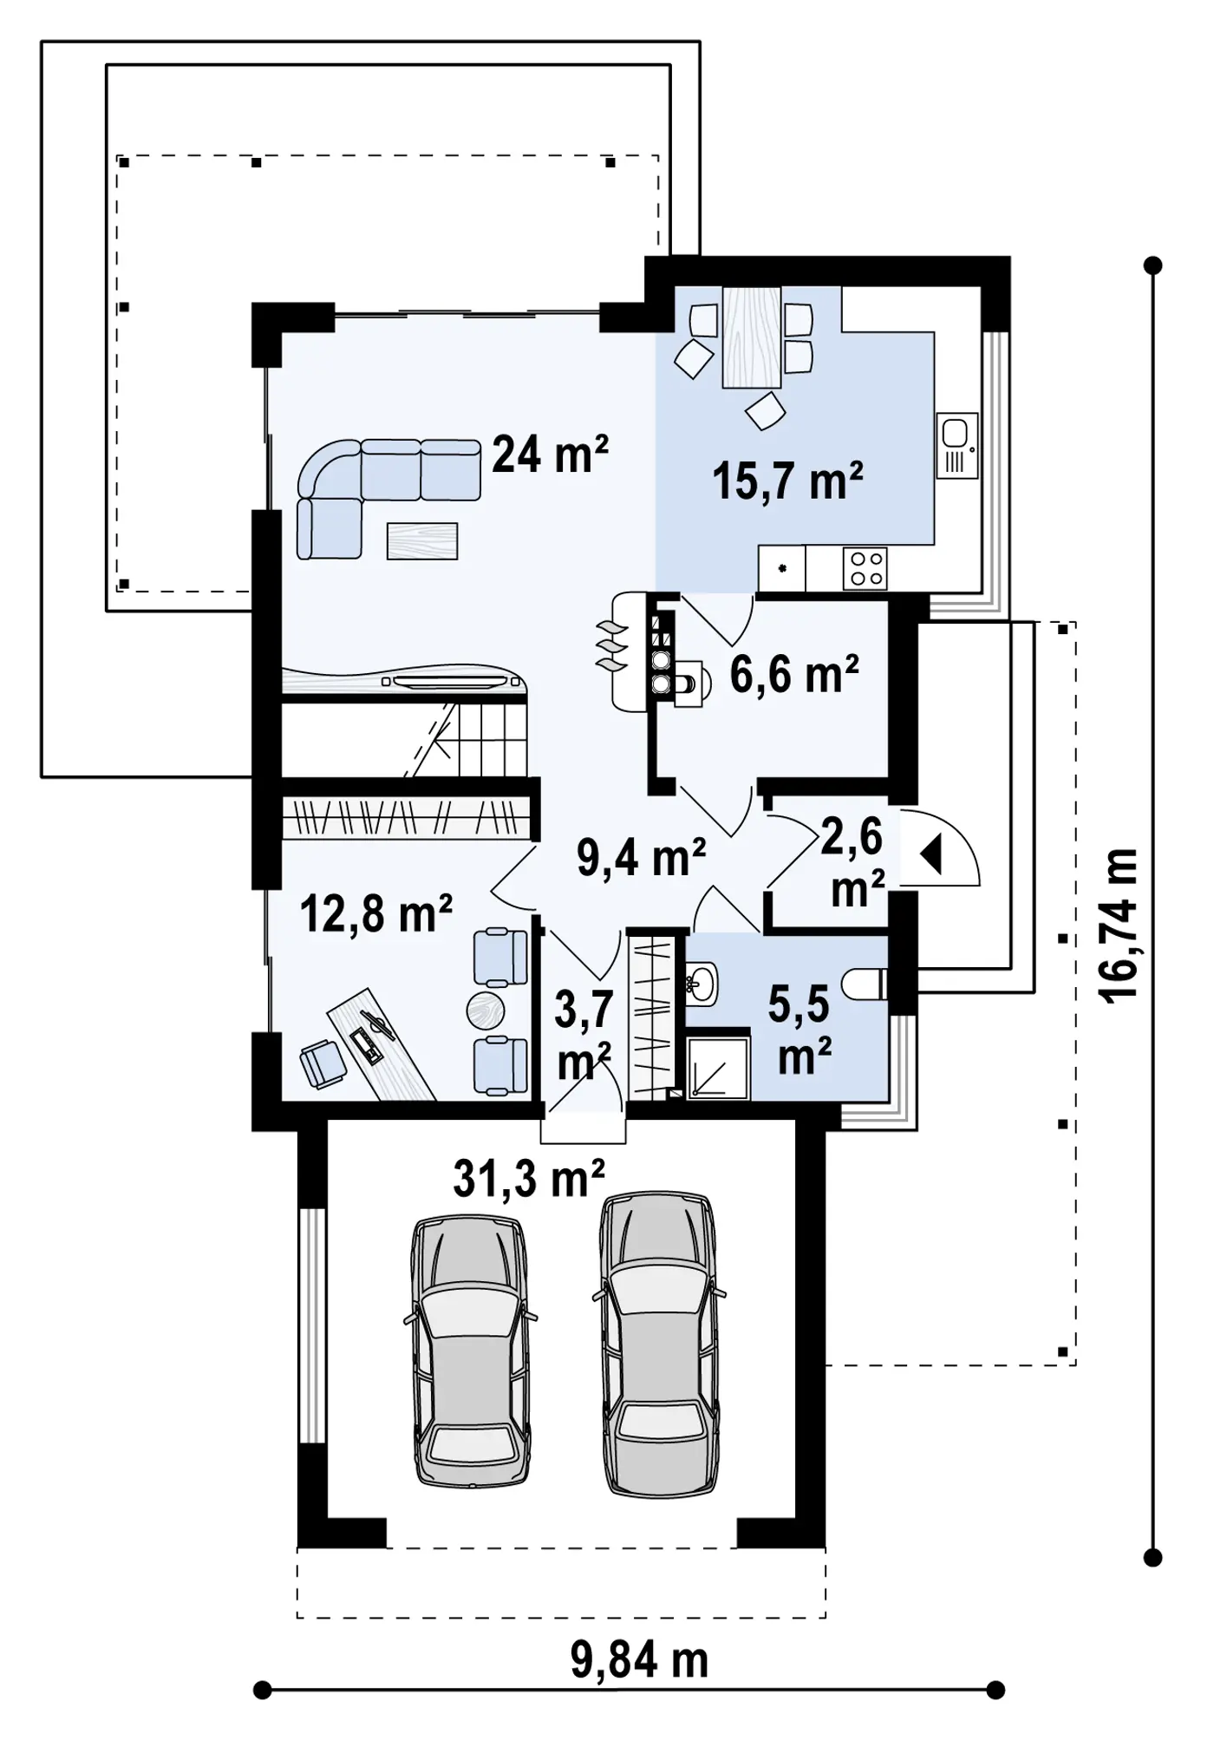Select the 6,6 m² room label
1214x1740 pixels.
794,674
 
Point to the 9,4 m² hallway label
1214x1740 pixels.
641,858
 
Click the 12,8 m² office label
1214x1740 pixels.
375,913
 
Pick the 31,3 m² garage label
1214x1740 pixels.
528,1178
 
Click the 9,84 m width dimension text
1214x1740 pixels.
639,1659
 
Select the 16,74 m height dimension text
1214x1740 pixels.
1119,926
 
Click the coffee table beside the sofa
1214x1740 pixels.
422,541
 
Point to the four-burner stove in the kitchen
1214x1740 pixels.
865,569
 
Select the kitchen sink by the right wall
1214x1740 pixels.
957,445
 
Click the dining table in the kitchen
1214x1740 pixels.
752,337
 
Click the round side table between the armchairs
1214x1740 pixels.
485,1011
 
